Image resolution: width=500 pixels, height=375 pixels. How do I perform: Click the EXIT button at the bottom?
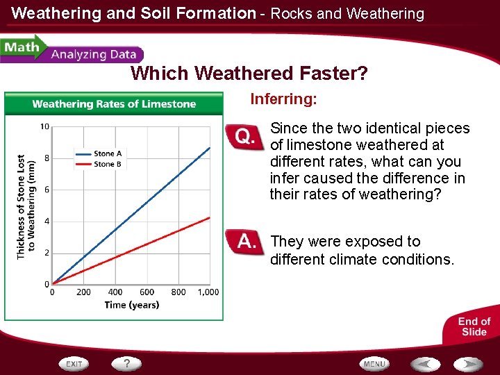point(74,364)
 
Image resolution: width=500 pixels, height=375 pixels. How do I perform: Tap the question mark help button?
point(127,363)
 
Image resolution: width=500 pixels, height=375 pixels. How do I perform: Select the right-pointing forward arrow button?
point(469,364)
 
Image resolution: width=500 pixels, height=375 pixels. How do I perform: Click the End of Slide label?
point(474,326)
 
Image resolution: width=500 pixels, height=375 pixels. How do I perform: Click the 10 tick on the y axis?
point(44,126)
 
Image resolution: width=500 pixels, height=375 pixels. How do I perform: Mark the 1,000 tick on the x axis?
point(208,292)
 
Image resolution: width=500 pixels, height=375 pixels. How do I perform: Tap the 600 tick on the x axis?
point(147,292)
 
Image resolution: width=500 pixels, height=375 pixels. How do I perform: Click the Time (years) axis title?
point(132,305)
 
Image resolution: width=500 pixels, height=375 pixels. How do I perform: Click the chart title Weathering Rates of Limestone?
point(114,104)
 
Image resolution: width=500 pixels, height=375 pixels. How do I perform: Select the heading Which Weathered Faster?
point(249,73)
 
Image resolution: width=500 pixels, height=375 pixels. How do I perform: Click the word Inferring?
point(283,99)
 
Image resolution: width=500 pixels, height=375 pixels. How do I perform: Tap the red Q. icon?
point(244,137)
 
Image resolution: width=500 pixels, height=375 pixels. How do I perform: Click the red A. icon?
point(246,242)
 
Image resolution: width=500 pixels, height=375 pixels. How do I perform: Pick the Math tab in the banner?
point(21,49)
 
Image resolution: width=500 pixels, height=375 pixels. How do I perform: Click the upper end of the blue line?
point(210,147)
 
